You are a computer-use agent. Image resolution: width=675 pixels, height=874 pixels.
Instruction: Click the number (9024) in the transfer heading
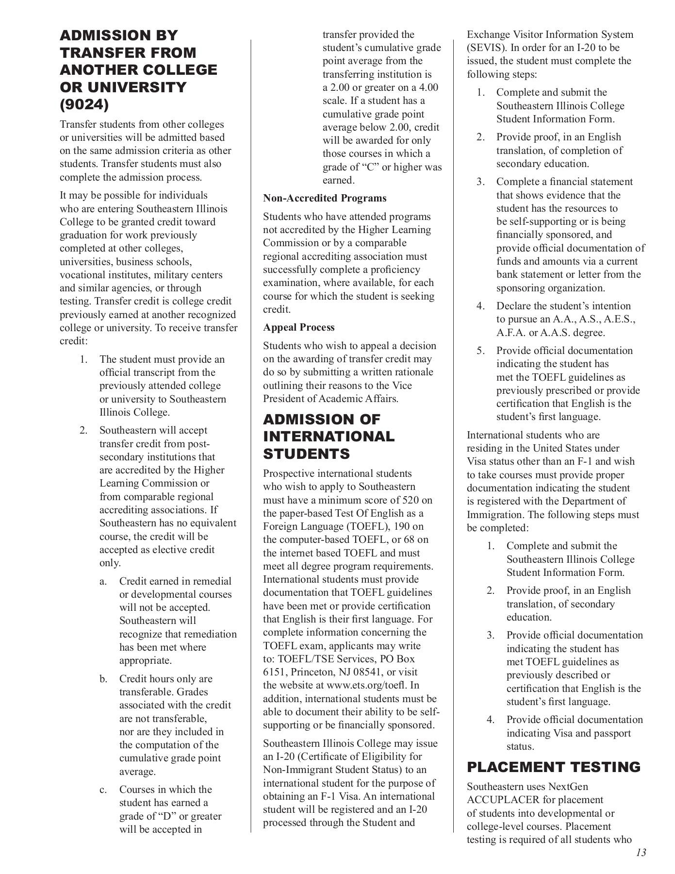(x=84, y=104)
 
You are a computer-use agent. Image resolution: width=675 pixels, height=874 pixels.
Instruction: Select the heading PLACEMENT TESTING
(x=554, y=767)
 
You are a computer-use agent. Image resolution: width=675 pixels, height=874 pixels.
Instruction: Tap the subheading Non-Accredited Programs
(x=325, y=198)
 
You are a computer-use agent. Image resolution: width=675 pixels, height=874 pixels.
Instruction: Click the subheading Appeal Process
(x=299, y=327)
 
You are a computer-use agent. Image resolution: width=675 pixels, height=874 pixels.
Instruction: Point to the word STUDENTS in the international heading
(x=306, y=454)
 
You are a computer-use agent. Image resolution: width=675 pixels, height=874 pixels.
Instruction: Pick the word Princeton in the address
(x=315, y=672)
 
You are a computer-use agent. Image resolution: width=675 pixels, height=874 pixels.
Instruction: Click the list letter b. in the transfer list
(x=103, y=679)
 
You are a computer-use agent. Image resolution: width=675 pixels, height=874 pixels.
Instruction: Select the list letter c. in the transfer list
(x=103, y=790)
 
